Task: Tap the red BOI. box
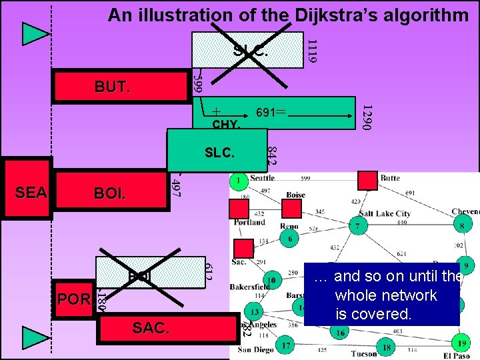[x=110, y=193]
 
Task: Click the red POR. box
[x=73, y=299]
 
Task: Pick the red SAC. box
[x=151, y=328]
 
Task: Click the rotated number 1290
[x=366, y=116]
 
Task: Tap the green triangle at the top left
[x=35, y=33]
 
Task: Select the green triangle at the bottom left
[x=35, y=337]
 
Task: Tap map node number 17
[x=285, y=345]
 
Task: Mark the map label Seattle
[x=261, y=178]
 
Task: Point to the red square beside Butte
[x=367, y=180]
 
